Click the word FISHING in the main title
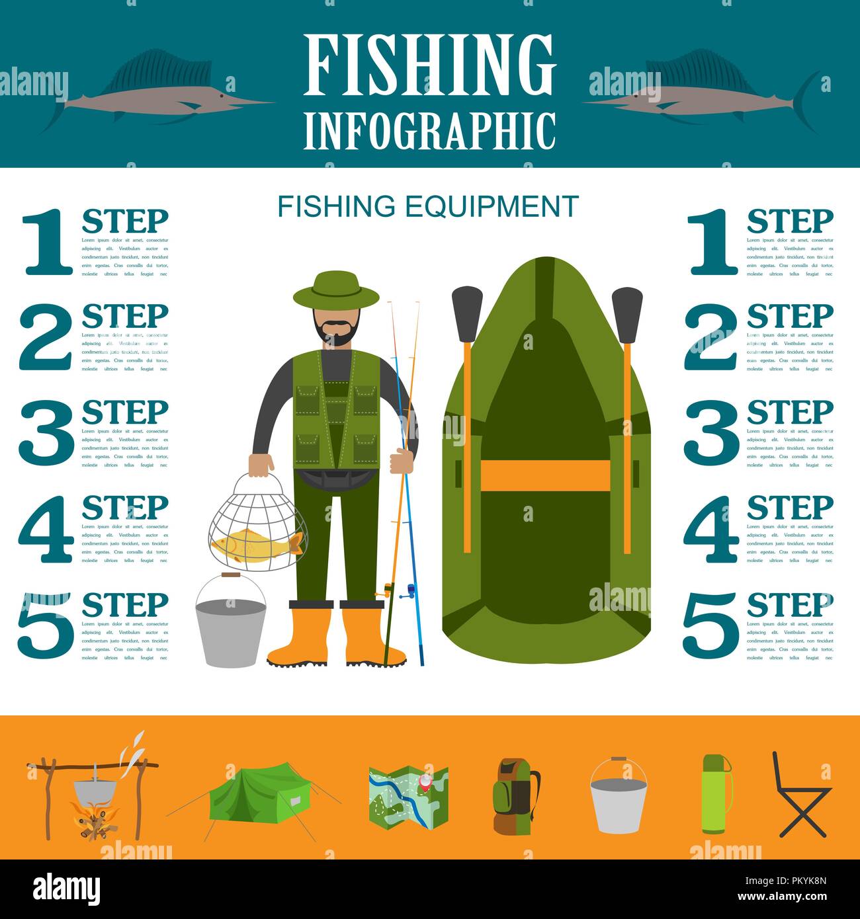tap(429, 65)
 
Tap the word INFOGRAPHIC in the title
tap(429, 131)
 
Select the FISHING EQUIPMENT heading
tap(428, 206)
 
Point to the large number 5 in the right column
tap(710, 625)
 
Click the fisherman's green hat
tap(327, 289)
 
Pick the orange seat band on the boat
tap(544, 475)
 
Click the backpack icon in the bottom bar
tap(515, 796)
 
